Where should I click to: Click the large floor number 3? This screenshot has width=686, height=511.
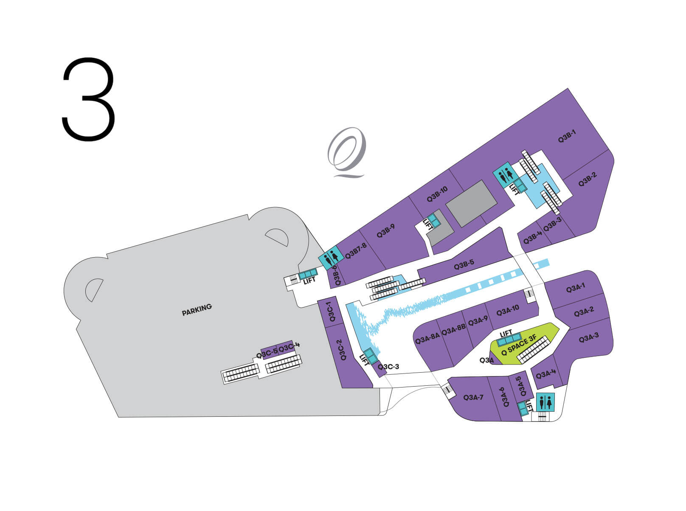coord(88,99)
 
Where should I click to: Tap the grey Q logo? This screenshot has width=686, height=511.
coord(347,152)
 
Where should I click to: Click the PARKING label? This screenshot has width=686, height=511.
coord(197,310)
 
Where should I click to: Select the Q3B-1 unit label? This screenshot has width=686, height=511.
coord(567,136)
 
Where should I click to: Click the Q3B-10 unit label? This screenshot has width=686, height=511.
coord(437,194)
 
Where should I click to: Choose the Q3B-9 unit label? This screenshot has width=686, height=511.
coord(386,231)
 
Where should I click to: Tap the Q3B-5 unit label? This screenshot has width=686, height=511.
coord(464,264)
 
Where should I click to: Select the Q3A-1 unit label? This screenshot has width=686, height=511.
coord(576,288)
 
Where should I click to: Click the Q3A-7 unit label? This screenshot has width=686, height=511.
coord(473,397)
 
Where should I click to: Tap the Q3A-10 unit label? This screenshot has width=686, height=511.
coord(508,311)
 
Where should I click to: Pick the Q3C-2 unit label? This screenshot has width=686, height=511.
coord(343,350)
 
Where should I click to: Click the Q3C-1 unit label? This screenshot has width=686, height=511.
coord(331,312)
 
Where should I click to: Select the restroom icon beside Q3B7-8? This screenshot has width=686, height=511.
coord(331,258)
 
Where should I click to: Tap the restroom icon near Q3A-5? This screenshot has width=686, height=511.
coord(545,402)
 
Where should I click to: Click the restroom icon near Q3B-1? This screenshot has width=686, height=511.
coord(506,175)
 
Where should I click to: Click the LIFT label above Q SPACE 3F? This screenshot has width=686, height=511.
coord(506,334)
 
